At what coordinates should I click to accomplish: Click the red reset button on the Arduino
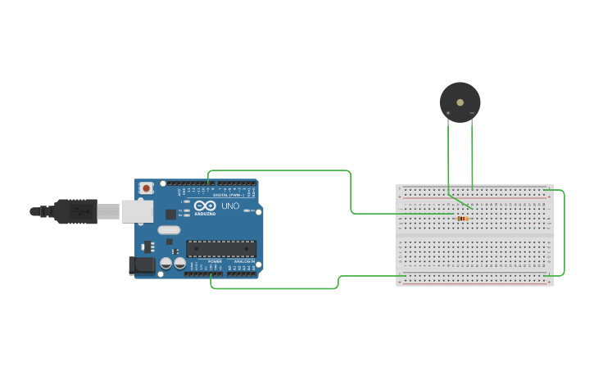click(146, 188)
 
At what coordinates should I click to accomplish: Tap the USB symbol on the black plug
click(80, 210)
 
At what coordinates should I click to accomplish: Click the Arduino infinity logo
click(205, 206)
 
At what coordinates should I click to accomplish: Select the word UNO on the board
click(230, 206)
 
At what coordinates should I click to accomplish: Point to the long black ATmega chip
click(220, 248)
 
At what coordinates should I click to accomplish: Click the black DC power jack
click(142, 265)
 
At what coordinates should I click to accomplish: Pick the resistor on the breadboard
click(463, 219)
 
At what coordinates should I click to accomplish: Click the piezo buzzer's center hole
click(460, 102)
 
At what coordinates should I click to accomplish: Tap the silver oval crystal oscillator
click(169, 229)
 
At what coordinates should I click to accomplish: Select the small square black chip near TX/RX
click(170, 214)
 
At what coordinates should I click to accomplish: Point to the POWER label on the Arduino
click(215, 261)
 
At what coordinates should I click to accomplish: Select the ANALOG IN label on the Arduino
click(243, 261)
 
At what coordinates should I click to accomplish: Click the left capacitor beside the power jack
click(166, 264)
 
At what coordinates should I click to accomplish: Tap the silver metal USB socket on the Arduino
click(137, 211)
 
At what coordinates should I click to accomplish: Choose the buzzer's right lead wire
click(473, 156)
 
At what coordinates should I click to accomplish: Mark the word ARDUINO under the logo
click(206, 214)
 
